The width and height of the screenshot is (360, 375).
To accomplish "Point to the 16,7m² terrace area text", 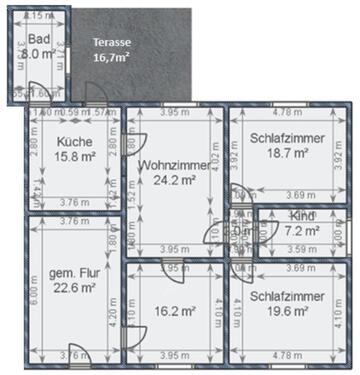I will [113, 58].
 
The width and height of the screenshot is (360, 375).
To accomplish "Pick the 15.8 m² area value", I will [74, 157].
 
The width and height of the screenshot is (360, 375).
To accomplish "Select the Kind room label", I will [301, 216].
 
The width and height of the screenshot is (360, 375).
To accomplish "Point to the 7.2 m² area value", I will [301, 230].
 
